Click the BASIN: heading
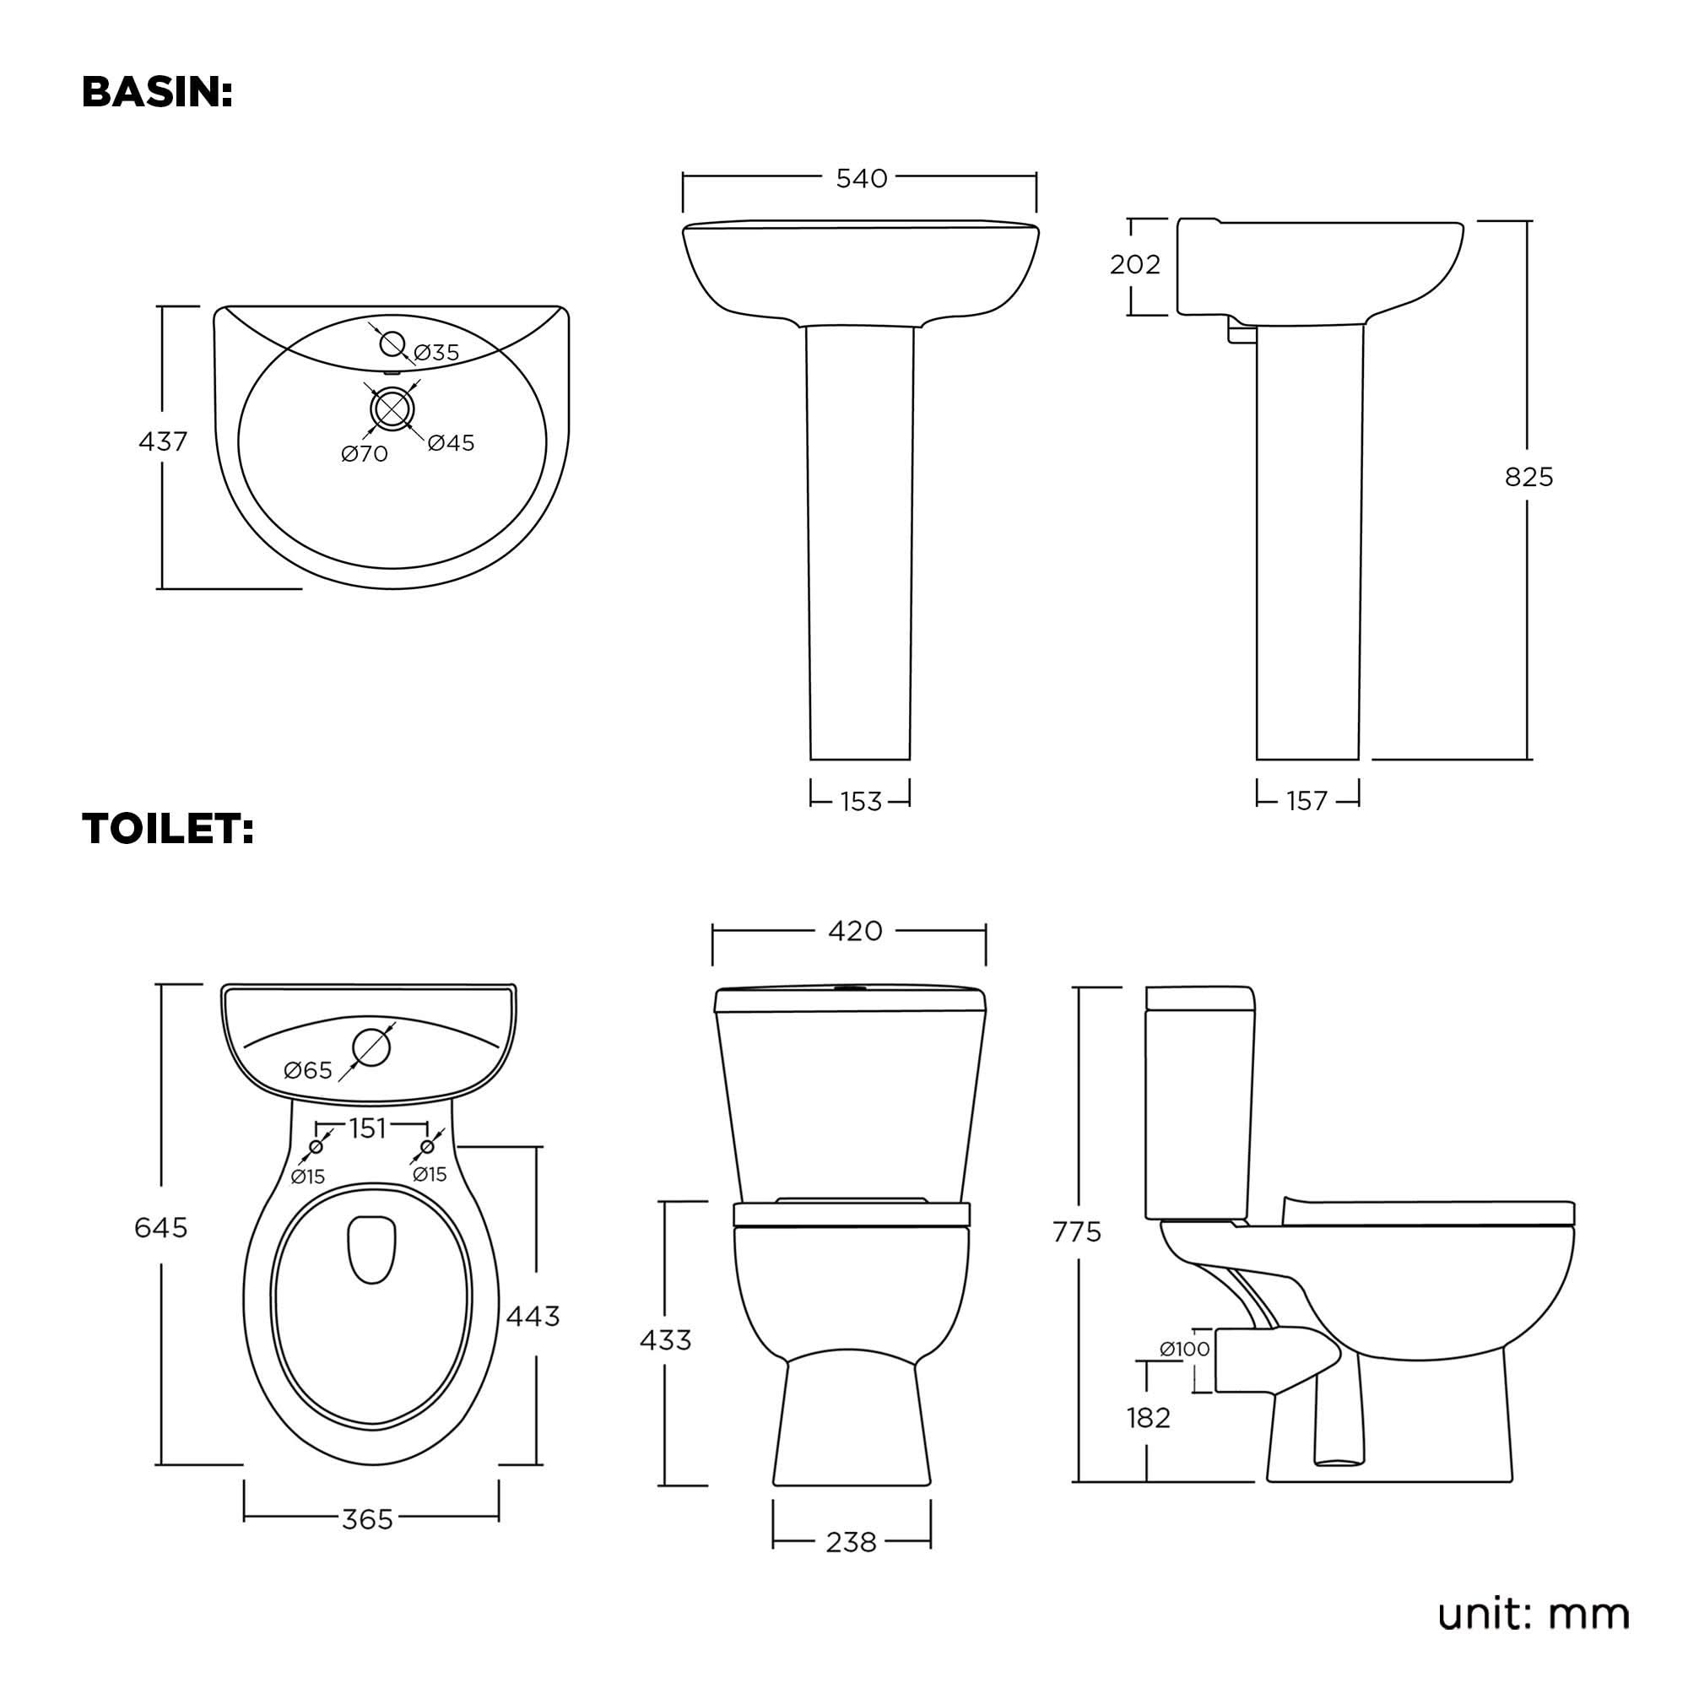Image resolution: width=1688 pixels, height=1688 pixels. [x=157, y=93]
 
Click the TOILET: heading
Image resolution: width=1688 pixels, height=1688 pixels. [x=168, y=828]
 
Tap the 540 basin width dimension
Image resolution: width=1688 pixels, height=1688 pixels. [x=861, y=178]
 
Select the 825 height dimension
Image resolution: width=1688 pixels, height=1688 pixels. [x=1529, y=477]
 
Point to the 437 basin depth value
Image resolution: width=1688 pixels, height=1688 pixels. [x=163, y=442]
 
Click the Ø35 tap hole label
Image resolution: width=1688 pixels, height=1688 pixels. [x=436, y=352]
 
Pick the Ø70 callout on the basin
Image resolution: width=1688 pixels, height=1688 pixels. [x=365, y=453]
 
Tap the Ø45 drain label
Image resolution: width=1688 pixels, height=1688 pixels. [x=451, y=443]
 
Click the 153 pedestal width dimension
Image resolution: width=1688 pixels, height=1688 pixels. [x=861, y=801]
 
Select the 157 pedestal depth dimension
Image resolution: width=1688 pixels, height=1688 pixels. [x=1307, y=800]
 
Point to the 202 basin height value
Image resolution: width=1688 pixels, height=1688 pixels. [x=1134, y=264]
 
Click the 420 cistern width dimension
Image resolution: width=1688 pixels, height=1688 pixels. [x=854, y=932]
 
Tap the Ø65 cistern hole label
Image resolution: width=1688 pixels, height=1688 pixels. [x=308, y=1070]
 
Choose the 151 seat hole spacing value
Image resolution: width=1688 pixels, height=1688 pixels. [x=368, y=1128]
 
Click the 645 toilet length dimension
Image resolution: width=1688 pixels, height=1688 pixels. [x=160, y=1227]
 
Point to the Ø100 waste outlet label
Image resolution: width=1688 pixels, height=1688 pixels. [x=1185, y=1349]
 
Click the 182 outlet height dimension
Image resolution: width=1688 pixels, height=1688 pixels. [x=1148, y=1417]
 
